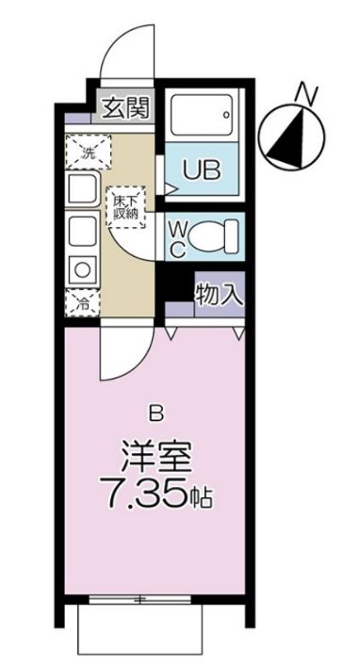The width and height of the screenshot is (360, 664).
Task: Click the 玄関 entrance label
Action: coord(124,108)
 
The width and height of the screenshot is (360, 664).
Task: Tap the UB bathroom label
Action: coord(202,171)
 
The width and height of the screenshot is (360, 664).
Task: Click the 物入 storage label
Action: coord(219,293)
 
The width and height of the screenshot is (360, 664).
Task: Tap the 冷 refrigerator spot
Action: coord(83,303)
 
